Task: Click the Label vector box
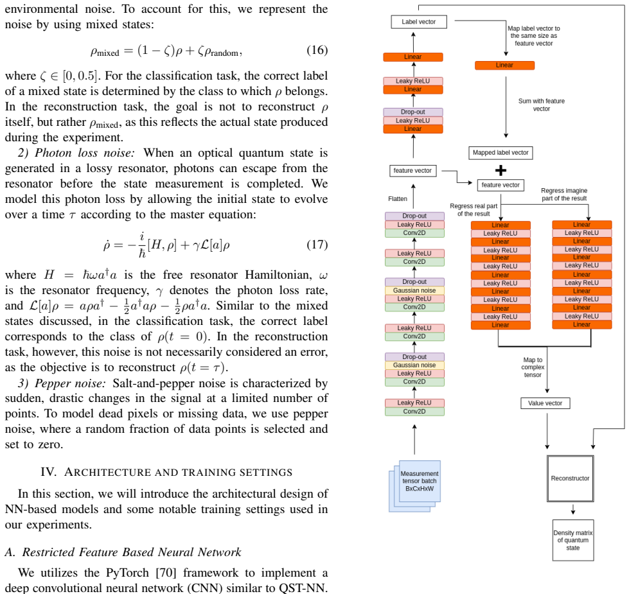click(x=419, y=22)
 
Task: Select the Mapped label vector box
click(x=501, y=153)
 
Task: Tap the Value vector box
click(x=545, y=403)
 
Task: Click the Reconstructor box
click(x=570, y=478)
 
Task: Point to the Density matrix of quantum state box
click(x=573, y=540)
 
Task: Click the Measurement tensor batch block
click(x=415, y=486)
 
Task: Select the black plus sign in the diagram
click(x=501, y=171)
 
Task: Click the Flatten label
click(x=398, y=199)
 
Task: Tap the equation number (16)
click(x=317, y=50)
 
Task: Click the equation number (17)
click(x=317, y=245)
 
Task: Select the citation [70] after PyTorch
click(x=166, y=573)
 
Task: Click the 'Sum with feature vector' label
click(x=542, y=105)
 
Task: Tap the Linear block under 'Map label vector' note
click(x=504, y=66)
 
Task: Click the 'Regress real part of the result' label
click(x=474, y=210)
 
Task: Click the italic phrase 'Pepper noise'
click(x=70, y=383)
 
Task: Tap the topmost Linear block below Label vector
click(x=413, y=57)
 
